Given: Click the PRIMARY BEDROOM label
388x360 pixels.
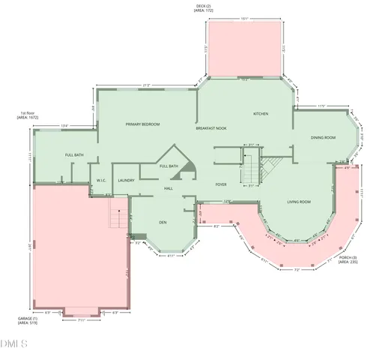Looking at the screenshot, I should click(x=142, y=124).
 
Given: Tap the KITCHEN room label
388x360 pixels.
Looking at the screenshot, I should click(x=261, y=114).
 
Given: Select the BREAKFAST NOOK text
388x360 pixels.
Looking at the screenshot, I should click(x=211, y=128).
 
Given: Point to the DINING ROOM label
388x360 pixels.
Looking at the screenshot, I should click(x=323, y=138).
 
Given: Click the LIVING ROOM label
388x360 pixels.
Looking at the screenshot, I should click(x=299, y=202).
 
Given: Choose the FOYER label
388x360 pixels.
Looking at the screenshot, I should click(x=221, y=184).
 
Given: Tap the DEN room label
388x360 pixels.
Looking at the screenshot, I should click(x=163, y=223).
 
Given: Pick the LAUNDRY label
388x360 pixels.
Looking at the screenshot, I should click(x=126, y=180).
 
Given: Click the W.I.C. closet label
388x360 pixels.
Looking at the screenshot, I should click(x=102, y=180).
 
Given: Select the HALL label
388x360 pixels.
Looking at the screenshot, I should click(x=169, y=188).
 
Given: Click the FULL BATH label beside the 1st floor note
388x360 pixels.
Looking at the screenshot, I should click(x=74, y=154).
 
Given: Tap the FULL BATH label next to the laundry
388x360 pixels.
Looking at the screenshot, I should click(x=169, y=166).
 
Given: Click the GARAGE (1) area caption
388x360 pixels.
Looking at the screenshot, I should click(x=27, y=321).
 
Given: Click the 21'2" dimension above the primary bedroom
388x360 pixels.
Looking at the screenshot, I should click(x=146, y=85).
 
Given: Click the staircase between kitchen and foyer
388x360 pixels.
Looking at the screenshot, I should click(x=250, y=167).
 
